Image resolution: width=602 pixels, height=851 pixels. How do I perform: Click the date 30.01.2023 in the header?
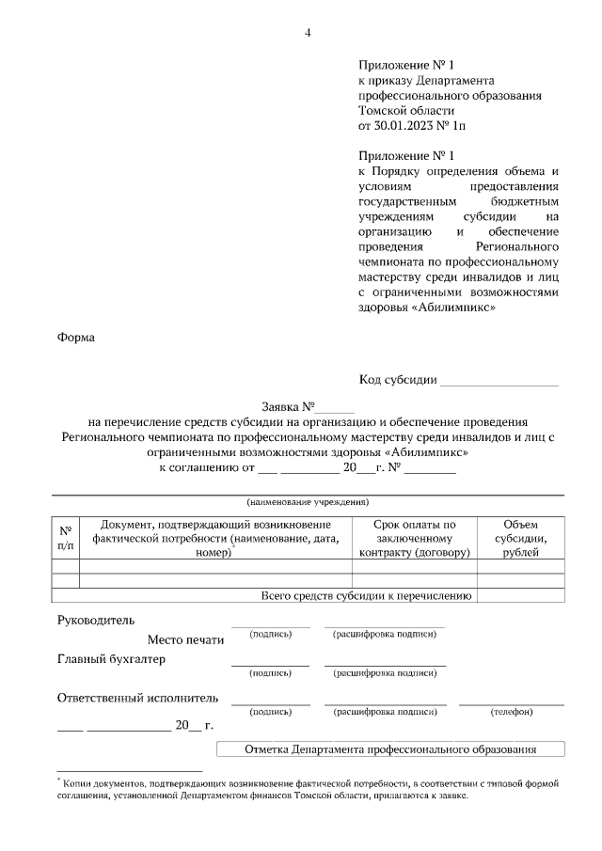tap(405, 124)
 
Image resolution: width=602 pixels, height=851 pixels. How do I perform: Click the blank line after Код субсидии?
tap(499, 381)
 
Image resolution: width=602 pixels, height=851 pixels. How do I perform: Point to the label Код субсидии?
tap(398, 380)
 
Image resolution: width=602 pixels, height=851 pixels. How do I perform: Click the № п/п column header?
tap(65, 537)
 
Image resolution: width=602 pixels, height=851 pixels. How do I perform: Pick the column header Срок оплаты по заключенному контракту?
tap(414, 538)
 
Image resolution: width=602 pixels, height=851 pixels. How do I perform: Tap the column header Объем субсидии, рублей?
tap(521, 538)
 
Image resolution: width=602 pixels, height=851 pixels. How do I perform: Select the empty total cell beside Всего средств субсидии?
tap(521, 595)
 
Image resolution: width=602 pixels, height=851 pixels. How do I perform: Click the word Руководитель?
tap(96, 621)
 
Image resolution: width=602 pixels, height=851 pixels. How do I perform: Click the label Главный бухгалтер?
tap(111, 659)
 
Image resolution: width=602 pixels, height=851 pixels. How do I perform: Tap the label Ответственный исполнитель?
tap(137, 698)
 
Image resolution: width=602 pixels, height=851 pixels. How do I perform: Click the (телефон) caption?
tap(512, 712)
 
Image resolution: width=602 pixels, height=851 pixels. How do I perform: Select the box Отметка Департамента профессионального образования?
tap(389, 749)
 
